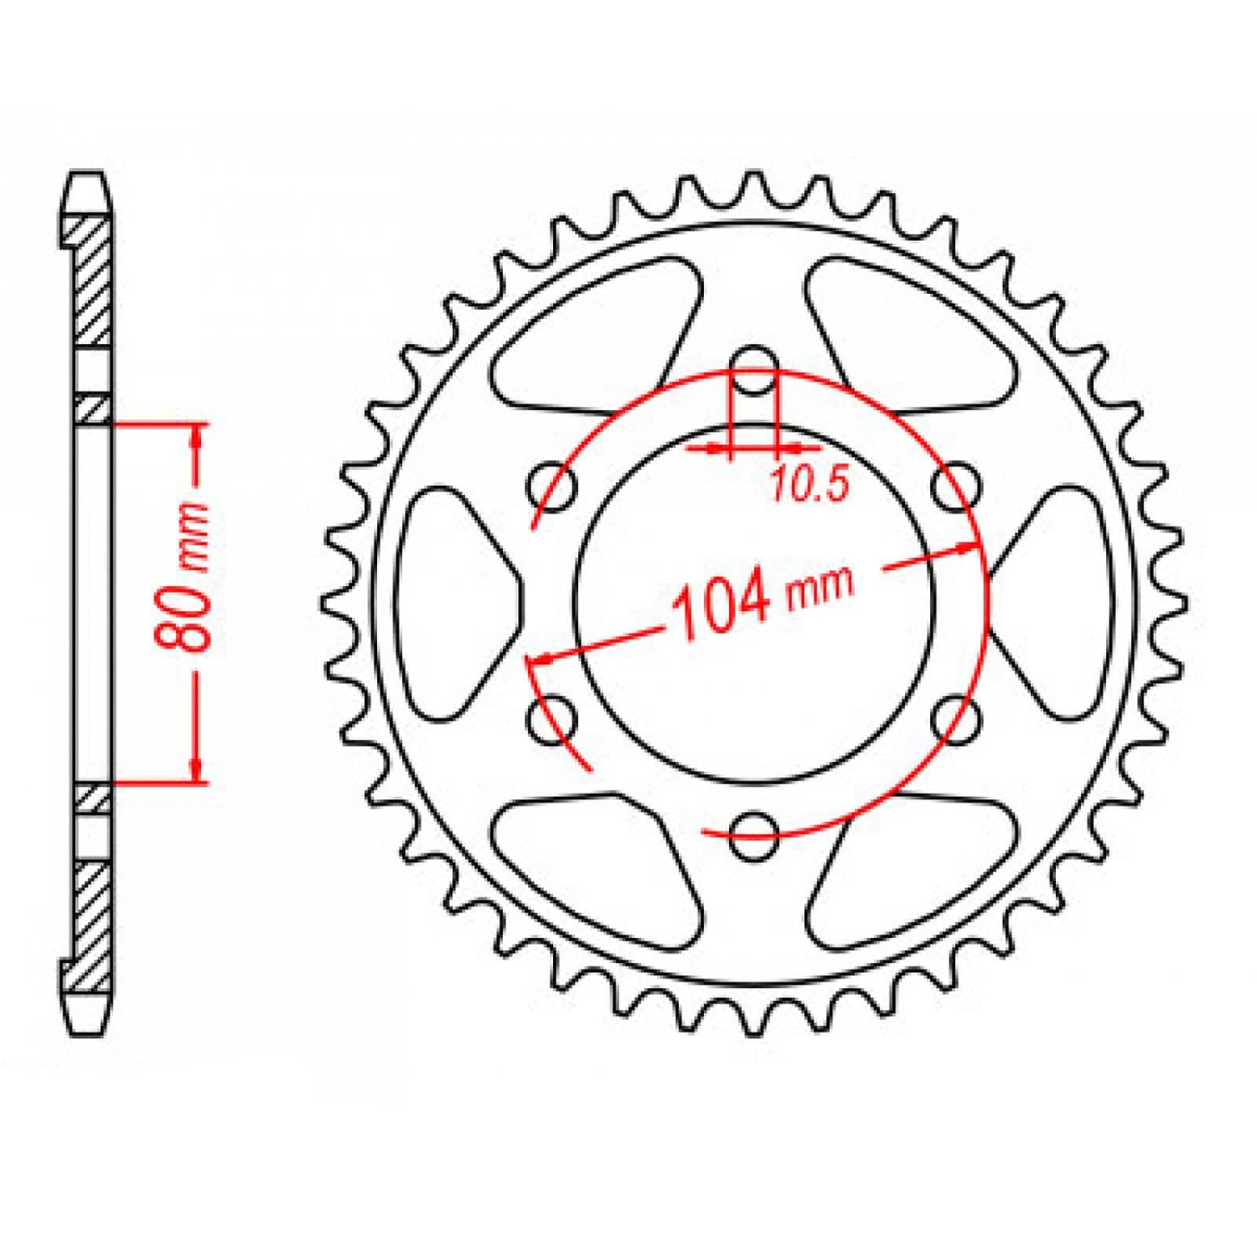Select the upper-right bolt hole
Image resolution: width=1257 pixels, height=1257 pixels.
(957, 490)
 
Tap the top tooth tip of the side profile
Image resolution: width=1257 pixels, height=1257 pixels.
(87, 177)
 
